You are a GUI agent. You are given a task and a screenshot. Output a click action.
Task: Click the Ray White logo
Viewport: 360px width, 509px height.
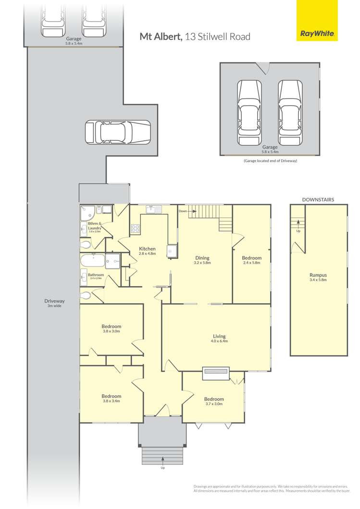coord(317,34)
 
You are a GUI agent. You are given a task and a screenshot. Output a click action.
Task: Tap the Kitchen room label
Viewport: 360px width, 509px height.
coord(147,249)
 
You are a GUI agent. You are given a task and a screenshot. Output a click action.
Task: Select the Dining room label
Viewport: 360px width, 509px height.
coord(202,258)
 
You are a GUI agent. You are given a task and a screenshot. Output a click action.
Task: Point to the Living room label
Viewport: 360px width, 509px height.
coord(219,336)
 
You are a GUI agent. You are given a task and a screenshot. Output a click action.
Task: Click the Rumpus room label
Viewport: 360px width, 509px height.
coord(318,275)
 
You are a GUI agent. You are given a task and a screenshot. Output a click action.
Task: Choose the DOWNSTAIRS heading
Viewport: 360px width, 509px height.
coord(318,200)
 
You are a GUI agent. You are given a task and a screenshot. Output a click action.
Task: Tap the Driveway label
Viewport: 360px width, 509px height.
coord(54,301)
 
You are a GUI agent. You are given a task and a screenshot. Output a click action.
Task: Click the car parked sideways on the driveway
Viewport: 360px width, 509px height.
coord(118,132)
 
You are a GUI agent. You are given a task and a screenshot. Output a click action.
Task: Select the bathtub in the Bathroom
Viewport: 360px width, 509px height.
coord(93,260)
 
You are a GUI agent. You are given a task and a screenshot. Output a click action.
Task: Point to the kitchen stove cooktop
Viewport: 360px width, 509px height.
coord(135,228)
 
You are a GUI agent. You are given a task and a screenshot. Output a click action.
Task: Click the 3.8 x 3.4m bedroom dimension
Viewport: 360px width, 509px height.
coord(112,401)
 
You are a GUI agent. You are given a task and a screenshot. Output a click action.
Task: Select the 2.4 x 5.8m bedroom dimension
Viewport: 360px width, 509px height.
coord(251,263)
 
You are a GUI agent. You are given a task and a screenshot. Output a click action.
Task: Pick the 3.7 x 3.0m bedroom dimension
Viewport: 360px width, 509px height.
coord(214,404)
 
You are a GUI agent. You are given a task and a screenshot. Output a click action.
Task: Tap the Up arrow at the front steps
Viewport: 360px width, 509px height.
coord(163,459)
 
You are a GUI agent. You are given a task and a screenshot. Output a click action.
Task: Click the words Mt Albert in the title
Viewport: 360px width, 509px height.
coord(161,36)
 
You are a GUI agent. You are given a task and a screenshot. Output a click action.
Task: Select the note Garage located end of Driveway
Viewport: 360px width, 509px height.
coord(270,161)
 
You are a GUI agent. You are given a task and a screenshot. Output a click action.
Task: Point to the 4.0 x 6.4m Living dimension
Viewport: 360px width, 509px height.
coord(219,341)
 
